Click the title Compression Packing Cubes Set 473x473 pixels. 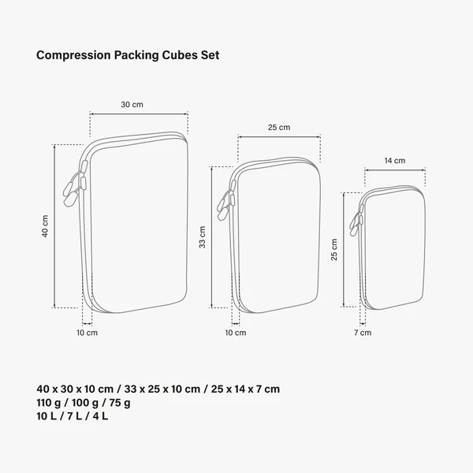point(128,56)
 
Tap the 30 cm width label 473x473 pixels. point(132,105)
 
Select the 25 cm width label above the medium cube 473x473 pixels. point(279,127)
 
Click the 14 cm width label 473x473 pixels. point(394,160)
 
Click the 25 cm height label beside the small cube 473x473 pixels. point(334,249)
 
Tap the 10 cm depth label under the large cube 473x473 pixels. point(87,333)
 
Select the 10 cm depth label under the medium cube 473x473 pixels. point(236,333)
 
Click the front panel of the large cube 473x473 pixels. point(139,225)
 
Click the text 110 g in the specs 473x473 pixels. point(49,403)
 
